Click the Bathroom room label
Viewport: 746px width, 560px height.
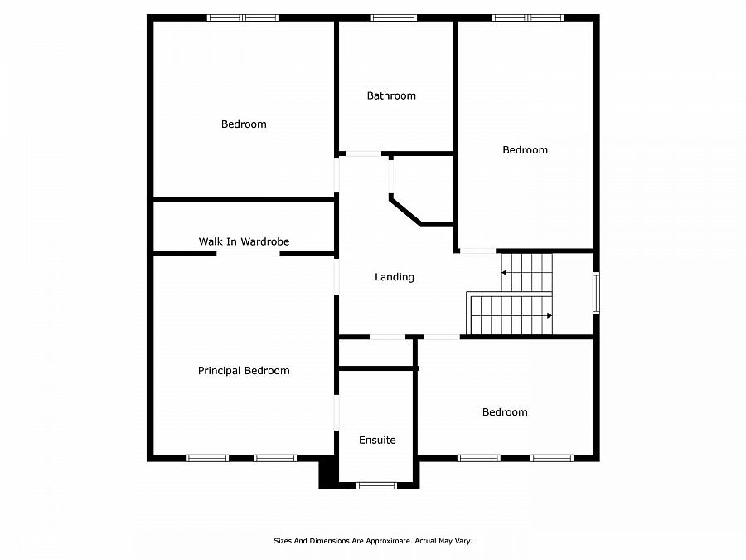coord(391,95)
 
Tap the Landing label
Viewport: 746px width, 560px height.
coord(395,277)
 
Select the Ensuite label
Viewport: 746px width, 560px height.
coord(377,440)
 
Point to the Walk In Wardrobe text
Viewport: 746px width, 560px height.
coord(244,241)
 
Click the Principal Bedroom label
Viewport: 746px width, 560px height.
coord(244,371)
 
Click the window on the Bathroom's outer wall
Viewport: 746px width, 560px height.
coord(394,17)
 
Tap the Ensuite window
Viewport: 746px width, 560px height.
coord(376,485)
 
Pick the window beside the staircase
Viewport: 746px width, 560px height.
coord(596,294)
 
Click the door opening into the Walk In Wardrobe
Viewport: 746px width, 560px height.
coord(248,254)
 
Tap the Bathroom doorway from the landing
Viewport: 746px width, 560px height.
coord(364,153)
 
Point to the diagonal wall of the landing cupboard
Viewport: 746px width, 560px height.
coord(405,211)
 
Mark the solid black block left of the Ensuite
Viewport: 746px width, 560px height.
coord(327,472)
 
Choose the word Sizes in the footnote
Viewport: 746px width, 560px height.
coord(283,541)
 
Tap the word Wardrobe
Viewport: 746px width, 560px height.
coord(265,241)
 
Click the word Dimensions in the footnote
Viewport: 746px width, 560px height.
coord(330,541)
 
